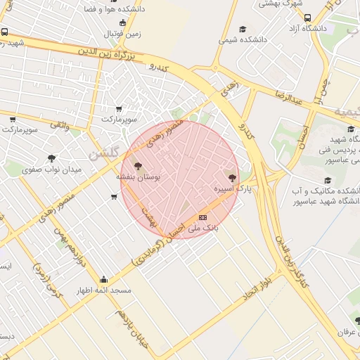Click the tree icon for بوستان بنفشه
[139, 166]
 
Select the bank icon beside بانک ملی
[203, 217]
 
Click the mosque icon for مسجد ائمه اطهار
[104, 278]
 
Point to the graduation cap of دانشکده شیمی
[243, 29]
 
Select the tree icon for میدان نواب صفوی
[51, 158]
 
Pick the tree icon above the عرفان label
[349, 320]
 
